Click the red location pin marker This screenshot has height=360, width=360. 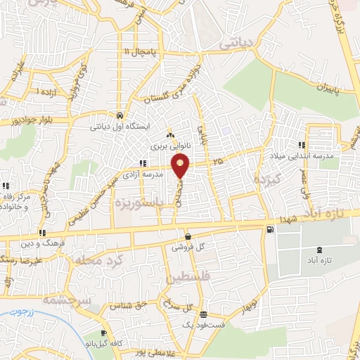181,166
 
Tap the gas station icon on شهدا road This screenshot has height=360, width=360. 269,229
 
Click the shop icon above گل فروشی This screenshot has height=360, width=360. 188,236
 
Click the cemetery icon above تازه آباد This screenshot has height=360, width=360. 321,250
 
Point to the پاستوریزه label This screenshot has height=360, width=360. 140,203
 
